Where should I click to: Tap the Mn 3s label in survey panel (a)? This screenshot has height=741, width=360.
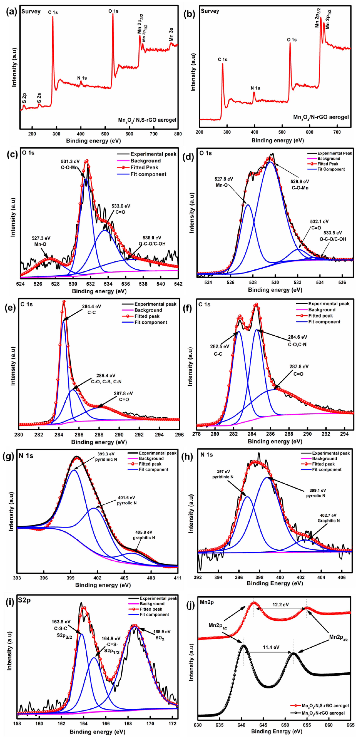pos(171,35)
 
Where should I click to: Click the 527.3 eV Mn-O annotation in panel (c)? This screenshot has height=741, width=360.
pos(41,241)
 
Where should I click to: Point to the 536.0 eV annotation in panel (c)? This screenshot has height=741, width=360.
pos(152,241)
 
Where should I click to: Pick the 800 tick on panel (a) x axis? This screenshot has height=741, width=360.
pos(178,134)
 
